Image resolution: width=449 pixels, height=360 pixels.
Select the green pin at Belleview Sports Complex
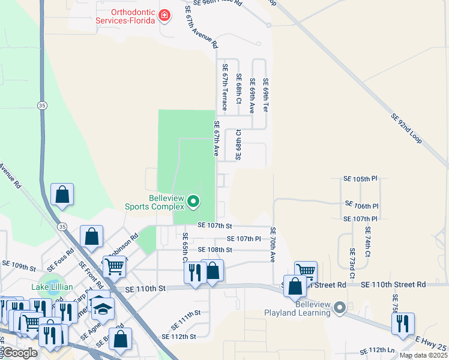(193, 202)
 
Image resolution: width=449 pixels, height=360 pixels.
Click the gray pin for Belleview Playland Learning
(340, 308)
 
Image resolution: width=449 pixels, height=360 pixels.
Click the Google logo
(19, 353)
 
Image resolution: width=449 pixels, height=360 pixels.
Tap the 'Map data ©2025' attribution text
(423, 355)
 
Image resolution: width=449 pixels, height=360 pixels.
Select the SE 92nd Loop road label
(406, 128)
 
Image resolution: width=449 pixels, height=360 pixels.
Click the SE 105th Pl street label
(360, 179)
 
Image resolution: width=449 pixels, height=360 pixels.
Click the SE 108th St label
(215, 250)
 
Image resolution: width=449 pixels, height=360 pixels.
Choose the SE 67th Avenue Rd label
(200, 26)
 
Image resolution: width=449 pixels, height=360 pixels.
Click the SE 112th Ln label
(376, 350)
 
